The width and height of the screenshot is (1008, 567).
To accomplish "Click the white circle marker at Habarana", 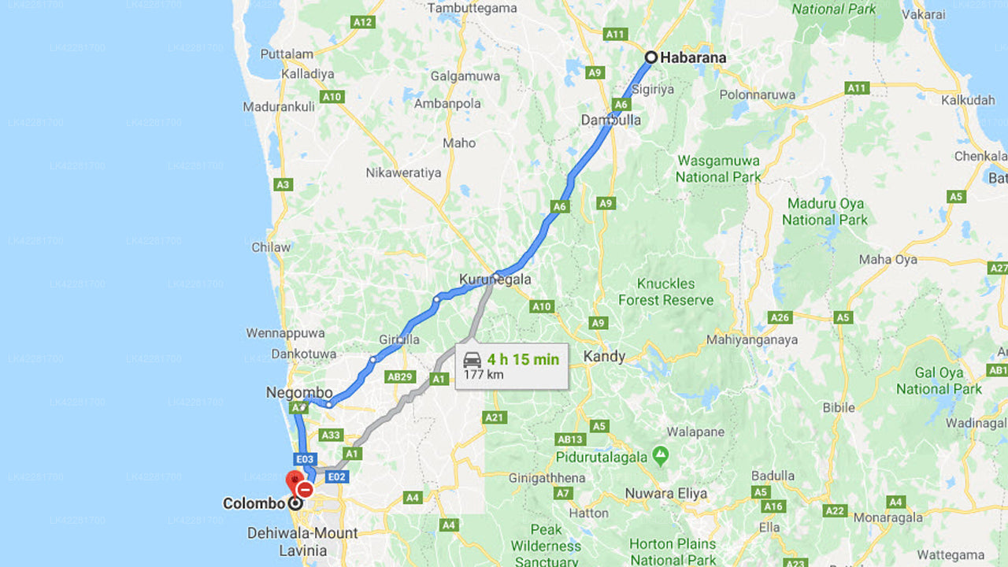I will pyautogui.click(x=651, y=57).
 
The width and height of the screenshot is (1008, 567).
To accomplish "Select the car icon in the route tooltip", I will pyautogui.click(x=472, y=360).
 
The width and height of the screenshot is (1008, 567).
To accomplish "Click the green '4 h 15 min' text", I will pyautogui.click(x=523, y=359).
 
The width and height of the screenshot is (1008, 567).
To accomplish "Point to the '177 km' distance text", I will pyautogui.click(x=484, y=374).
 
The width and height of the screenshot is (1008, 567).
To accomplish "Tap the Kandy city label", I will pyautogui.click(x=604, y=356).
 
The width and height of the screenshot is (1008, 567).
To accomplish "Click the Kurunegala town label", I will pyautogui.click(x=495, y=279).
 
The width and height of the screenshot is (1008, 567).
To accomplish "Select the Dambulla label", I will pyautogui.click(x=611, y=120).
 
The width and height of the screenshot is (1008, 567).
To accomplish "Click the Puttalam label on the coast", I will pyautogui.click(x=287, y=54).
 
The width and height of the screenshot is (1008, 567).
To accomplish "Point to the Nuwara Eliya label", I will pyautogui.click(x=665, y=494).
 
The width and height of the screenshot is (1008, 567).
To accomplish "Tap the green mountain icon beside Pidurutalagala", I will pyautogui.click(x=660, y=455).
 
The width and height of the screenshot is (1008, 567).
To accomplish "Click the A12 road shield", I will pyautogui.click(x=363, y=22).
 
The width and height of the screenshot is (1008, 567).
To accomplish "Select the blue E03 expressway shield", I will pyautogui.click(x=306, y=458).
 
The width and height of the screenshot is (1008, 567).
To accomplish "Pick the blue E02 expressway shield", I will pyautogui.click(x=336, y=476).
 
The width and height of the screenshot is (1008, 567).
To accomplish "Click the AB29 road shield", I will pyautogui.click(x=400, y=376).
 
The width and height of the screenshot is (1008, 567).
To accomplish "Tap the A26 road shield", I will pyautogui.click(x=780, y=317).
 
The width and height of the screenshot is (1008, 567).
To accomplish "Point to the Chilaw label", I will pyautogui.click(x=271, y=246).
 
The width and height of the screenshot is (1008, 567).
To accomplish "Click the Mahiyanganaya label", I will pyautogui.click(x=752, y=339).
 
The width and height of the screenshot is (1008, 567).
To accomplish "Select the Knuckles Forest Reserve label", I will pyautogui.click(x=665, y=291).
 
